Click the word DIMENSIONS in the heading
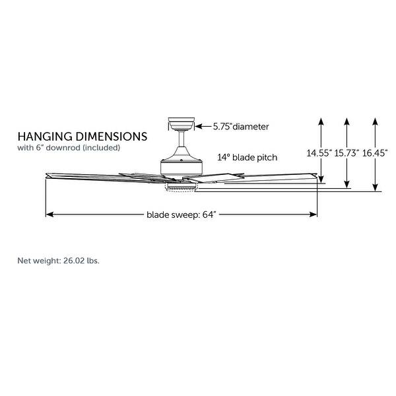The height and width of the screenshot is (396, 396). click(x=108, y=137)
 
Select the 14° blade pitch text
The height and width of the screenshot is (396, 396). click(x=247, y=158)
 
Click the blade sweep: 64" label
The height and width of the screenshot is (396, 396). click(x=181, y=214)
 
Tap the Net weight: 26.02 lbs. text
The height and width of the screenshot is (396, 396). click(x=58, y=261)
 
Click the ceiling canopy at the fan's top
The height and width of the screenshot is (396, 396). click(x=181, y=123)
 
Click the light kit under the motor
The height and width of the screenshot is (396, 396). click(x=181, y=187)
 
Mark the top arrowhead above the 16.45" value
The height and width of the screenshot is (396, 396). click(x=375, y=121)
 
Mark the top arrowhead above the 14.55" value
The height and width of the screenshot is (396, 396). click(x=321, y=121)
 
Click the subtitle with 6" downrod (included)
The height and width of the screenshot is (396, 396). click(x=69, y=148)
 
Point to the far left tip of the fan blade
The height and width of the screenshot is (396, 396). click(x=46, y=175)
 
